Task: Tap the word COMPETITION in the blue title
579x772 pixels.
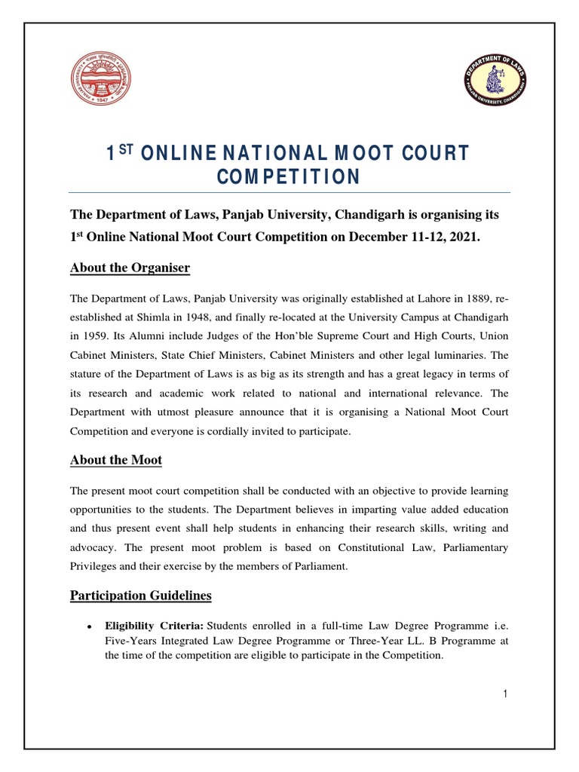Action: (289, 177)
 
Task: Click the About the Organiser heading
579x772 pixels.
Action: (130, 268)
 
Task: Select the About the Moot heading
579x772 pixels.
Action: (116, 460)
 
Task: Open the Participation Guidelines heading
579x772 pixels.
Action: (141, 596)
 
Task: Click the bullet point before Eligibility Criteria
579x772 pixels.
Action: (89, 626)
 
